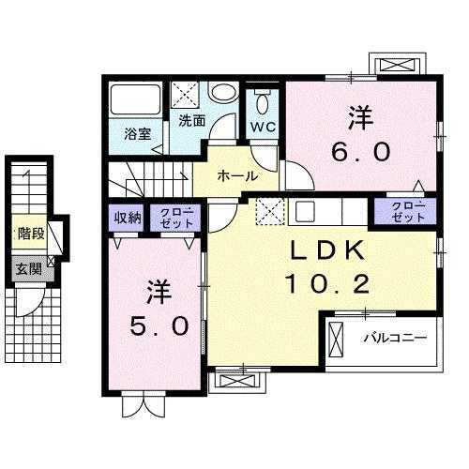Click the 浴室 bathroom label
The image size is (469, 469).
[138, 133]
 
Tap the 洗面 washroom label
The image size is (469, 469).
[192, 120]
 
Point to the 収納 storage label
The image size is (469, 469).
[128, 218]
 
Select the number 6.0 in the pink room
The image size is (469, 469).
[360, 151]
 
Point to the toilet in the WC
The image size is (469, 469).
[261, 99]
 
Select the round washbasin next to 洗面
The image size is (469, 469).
[223, 93]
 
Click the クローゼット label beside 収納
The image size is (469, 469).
[176, 218]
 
